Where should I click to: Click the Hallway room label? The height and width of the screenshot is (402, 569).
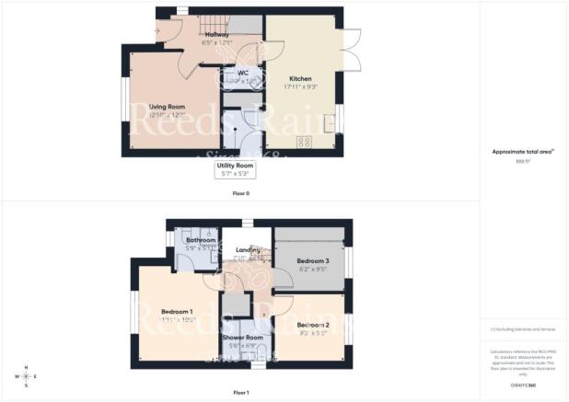(x=218, y=34)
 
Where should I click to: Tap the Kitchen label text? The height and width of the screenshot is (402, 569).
(x=301, y=79)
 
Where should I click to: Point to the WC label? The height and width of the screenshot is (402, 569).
(x=244, y=73)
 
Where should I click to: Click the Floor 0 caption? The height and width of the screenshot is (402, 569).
(x=241, y=193)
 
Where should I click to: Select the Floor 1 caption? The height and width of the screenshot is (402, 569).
(x=241, y=393)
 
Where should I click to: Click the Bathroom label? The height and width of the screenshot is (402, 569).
(x=201, y=240)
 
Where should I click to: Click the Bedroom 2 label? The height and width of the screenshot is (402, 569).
(x=313, y=325)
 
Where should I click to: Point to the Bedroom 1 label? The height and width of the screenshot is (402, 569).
(x=178, y=312)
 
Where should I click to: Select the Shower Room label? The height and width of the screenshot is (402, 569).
(x=241, y=338)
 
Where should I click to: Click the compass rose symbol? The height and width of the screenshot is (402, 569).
(x=26, y=375)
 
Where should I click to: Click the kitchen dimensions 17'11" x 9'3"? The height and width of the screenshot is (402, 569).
(x=301, y=87)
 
